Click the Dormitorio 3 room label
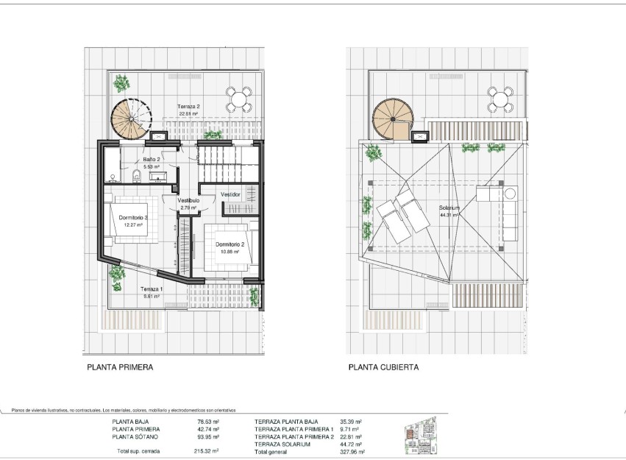coord(134,218)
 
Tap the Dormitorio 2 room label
coord(230,244)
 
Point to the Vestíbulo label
coord(189,200)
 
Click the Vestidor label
coord(231,194)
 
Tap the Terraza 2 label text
coord(189,107)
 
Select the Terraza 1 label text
coord(152,290)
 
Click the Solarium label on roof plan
coord(449,208)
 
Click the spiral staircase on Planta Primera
coord(130,118)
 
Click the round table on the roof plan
coord(500,99)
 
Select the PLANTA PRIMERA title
coord(120,367)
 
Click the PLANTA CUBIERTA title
coord(384,367)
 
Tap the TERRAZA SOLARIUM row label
coord(282,445)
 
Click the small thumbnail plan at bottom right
coord(421,434)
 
